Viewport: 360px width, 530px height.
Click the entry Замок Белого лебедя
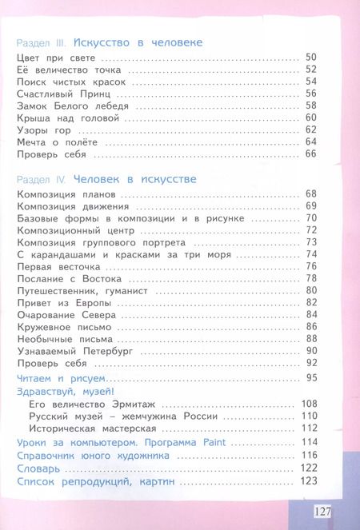tap(59, 105)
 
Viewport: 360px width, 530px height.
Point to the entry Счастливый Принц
tap(54, 93)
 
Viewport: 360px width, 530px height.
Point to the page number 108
tap(310, 404)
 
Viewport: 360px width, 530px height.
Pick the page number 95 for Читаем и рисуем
tap(312, 377)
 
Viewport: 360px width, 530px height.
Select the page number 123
tap(310, 481)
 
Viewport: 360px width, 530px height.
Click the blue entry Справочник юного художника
tap(92, 455)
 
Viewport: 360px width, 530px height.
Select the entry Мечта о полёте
tap(50, 141)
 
